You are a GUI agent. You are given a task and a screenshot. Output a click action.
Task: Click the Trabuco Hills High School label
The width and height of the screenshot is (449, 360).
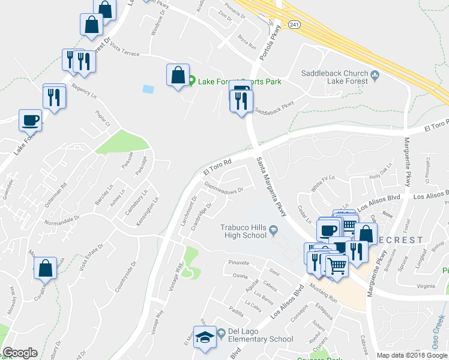tap(243, 231)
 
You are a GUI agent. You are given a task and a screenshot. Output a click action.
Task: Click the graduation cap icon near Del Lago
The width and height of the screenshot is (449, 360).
tap(205, 337)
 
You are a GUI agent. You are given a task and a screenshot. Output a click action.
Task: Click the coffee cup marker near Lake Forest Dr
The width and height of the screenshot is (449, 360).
tap(30, 121)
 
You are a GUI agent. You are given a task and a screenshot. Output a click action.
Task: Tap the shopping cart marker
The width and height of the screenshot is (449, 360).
tap(337, 265)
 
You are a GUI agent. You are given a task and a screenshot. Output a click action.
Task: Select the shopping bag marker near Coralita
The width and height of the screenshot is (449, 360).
tap(46, 269)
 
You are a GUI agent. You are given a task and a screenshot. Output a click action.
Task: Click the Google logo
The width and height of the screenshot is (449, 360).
tap(20, 353)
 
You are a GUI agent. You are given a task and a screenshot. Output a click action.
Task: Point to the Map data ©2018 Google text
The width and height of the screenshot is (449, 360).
tap(412, 355)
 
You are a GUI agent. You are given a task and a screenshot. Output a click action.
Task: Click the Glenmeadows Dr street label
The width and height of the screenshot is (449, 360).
tap(223, 187)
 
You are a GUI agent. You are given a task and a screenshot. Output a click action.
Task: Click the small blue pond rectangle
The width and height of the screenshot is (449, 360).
tap(148, 89)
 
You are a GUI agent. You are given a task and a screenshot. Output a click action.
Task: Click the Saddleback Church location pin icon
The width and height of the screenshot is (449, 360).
tap(375, 75)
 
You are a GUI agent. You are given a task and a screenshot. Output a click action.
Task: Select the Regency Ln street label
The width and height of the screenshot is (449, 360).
tap(84, 90)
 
